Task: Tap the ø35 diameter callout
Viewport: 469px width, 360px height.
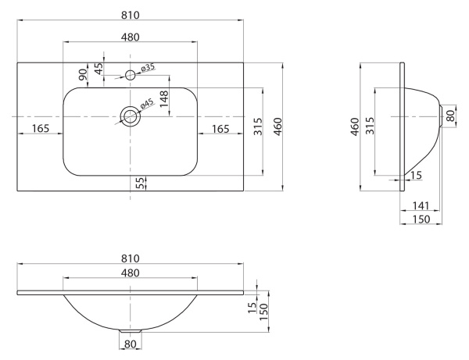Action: (148, 69)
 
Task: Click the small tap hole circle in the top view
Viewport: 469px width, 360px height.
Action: (131, 75)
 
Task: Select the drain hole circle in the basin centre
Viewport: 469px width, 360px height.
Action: (130, 116)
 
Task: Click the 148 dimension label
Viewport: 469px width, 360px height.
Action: (164, 99)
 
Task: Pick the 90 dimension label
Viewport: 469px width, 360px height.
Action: (84, 74)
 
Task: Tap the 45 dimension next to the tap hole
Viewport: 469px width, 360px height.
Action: (99, 69)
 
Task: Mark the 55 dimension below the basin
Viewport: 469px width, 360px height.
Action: (141, 183)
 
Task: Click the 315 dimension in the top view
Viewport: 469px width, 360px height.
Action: (259, 127)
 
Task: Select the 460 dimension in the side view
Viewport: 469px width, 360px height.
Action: (354, 127)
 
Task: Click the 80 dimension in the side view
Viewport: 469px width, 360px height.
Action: (449, 116)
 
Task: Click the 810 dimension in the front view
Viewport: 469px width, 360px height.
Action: (131, 258)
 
